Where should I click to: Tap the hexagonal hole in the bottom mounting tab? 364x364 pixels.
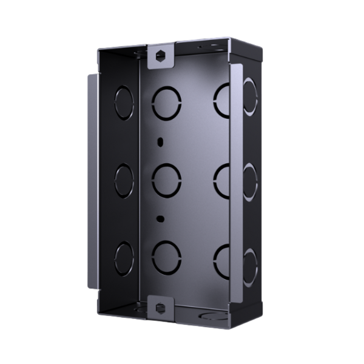pos(161,306)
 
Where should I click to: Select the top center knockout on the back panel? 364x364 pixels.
pos(166,103)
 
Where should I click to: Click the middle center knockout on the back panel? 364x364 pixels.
pos(166,180)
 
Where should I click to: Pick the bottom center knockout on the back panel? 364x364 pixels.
pos(166,256)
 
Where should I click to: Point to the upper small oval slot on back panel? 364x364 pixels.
pos(160,142)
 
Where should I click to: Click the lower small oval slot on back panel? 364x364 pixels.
pos(160,218)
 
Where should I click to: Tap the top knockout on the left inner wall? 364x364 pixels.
pos(124,102)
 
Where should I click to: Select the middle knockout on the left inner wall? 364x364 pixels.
pos(124,180)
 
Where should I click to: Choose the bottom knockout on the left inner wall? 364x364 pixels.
pos(124,258)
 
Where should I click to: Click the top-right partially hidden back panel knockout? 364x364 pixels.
pos(221,100)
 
